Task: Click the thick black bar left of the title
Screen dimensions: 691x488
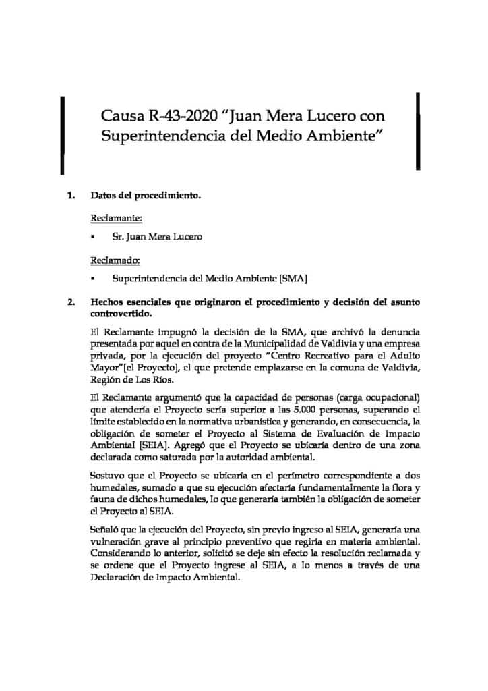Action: (x=63, y=131)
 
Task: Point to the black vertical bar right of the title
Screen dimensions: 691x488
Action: (x=419, y=131)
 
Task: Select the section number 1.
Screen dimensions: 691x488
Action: (x=70, y=198)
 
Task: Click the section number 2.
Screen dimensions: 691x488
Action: (x=70, y=302)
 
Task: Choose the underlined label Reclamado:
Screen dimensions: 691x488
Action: (x=115, y=260)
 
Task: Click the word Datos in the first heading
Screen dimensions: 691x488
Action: (x=103, y=198)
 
